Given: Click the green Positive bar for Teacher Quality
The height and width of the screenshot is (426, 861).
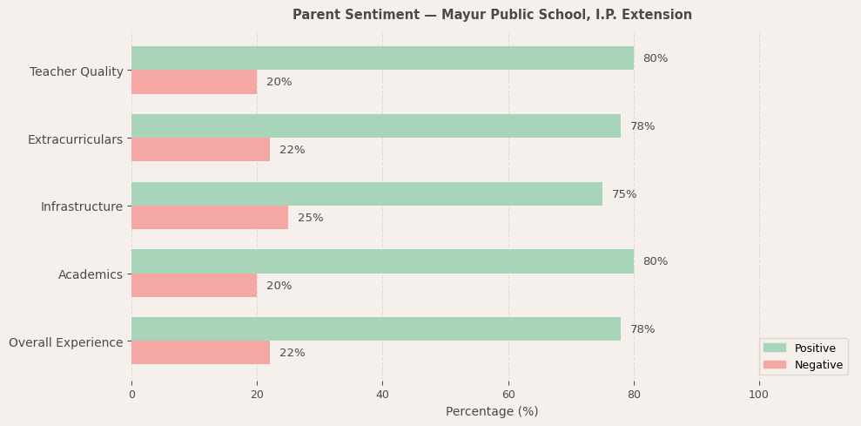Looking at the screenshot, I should (x=382, y=58).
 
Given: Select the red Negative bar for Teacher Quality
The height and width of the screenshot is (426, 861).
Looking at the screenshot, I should (x=194, y=82).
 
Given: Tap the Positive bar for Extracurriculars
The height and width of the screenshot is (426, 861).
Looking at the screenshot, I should (x=376, y=126).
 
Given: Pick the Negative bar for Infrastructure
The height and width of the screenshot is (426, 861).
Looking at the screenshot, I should (x=210, y=218).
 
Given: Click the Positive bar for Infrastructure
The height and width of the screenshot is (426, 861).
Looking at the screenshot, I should (x=367, y=194).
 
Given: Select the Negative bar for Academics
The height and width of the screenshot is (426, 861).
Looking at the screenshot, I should (x=194, y=286).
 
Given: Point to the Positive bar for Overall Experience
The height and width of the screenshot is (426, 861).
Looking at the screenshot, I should (x=376, y=329).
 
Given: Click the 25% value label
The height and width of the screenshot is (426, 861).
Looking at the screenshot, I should (x=310, y=218).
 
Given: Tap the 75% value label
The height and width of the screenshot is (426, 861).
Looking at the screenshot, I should (x=624, y=194).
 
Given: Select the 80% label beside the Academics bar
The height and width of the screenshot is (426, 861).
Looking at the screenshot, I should (x=655, y=261).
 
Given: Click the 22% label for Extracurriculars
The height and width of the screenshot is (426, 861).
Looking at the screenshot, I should (x=292, y=150).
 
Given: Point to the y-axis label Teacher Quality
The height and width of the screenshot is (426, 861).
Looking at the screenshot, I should (x=77, y=71).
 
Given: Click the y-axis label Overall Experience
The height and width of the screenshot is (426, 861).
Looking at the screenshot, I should (x=66, y=342).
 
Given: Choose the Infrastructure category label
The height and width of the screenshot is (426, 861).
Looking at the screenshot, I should (x=82, y=206).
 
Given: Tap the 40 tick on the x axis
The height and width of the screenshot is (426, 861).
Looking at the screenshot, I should (x=382, y=394).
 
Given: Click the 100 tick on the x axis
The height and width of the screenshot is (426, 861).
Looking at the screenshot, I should (x=758, y=394).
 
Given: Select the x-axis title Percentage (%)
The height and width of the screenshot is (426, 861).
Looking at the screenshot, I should (x=492, y=411).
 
